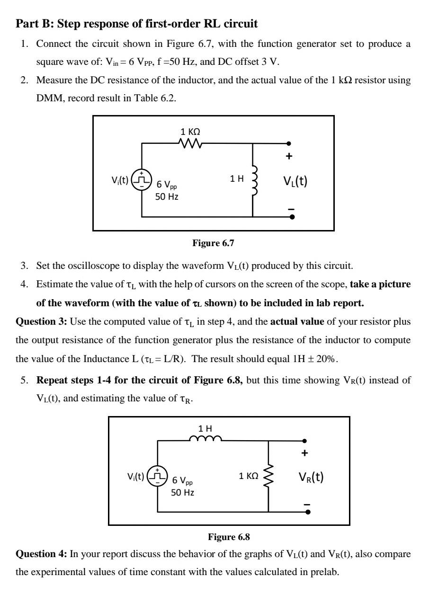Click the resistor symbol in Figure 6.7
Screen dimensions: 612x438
pyautogui.click(x=191, y=143)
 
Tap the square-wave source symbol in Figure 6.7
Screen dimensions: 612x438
pyautogui.click(x=141, y=180)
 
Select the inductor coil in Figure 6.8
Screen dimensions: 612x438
pyautogui.click(x=205, y=439)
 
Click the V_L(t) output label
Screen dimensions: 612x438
pyautogui.click(x=295, y=181)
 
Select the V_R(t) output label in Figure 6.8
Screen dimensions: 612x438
pyautogui.click(x=311, y=477)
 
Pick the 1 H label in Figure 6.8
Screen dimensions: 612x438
pyautogui.click(x=206, y=428)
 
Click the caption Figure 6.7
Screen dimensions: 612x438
pyautogui.click(x=213, y=243)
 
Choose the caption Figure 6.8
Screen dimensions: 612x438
pyautogui.click(x=229, y=537)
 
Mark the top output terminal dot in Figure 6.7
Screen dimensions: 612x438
pyautogui.click(x=289, y=143)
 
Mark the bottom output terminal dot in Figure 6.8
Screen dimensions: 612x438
pyautogui.click(x=308, y=512)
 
